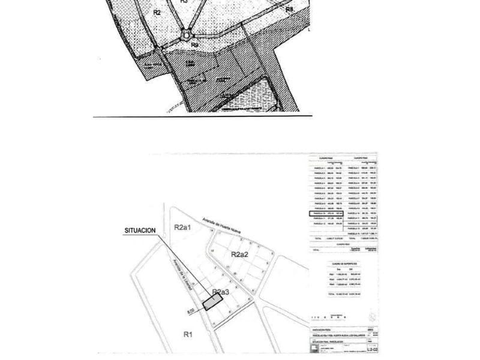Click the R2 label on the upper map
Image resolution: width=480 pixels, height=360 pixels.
click(157, 12)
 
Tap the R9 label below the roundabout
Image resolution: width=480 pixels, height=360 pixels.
click(194, 45)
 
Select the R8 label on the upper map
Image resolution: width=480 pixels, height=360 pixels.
click(289, 10)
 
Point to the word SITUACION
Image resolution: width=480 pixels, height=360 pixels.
click(140, 230)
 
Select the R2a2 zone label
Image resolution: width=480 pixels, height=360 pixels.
click(240, 254)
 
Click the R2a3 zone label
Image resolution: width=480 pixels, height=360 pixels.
click(221, 292)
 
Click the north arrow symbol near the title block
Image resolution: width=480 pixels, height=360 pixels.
click(373, 315)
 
